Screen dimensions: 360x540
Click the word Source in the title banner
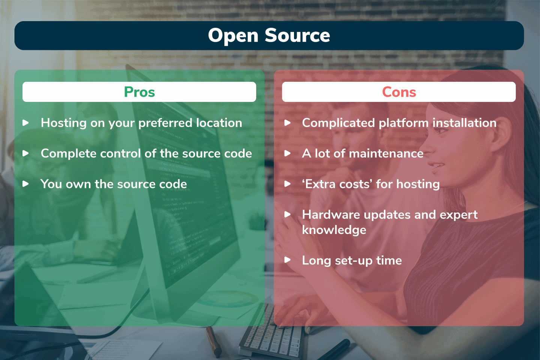pos(297,36)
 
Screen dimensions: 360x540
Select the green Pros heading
pos(139,92)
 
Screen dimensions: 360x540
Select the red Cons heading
pos(399,92)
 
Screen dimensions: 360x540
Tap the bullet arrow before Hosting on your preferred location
pos(25,123)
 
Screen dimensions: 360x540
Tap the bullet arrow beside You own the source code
pos(25,184)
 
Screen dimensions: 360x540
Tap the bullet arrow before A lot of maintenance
pos(288,153)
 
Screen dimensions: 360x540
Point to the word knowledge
pos(334,230)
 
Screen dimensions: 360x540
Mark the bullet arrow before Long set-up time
pos(288,260)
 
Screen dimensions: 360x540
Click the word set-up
pos(354,261)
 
